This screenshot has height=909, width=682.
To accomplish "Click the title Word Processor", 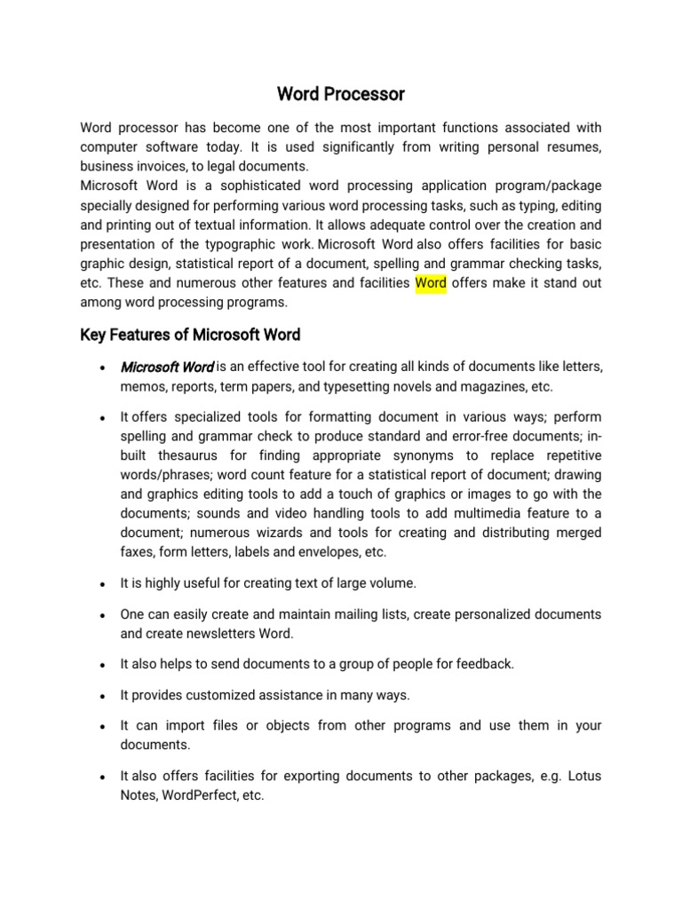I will point(341,93).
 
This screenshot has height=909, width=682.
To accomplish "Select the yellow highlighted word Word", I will point(431,283).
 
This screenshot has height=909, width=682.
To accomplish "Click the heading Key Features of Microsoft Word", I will point(190,335).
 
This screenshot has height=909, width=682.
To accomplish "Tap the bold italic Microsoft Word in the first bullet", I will point(167,367).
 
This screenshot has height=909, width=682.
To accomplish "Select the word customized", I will point(212,694).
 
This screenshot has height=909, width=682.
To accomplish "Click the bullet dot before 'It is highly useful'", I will point(104,585).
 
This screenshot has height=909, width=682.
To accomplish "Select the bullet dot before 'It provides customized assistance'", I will point(104,696).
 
